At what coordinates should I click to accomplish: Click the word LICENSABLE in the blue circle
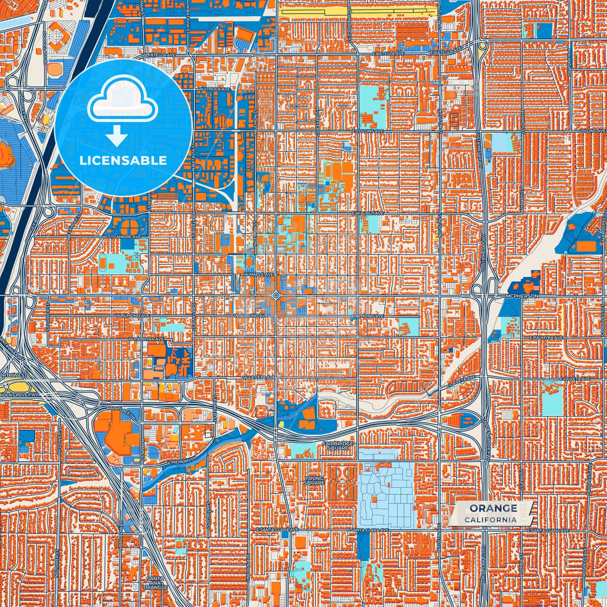coord(123,160)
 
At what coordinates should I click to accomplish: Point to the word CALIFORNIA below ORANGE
coord(491,520)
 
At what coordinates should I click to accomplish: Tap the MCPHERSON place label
coord(522,296)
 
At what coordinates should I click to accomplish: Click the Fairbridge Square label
coord(338,446)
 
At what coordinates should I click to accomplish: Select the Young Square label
coord(314,481)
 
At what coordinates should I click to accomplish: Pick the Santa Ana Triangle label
coord(157,583)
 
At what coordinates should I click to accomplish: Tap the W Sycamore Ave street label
coord(124,237)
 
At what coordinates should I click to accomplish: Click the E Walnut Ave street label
coord(368,213)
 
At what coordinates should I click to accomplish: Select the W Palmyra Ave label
coord(146,339)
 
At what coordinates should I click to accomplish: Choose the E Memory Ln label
coord(181,460)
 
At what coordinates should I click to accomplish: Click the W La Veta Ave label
coord(259,378)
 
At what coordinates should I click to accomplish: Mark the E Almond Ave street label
coord(368,316)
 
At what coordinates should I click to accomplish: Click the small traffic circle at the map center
coord(276,295)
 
